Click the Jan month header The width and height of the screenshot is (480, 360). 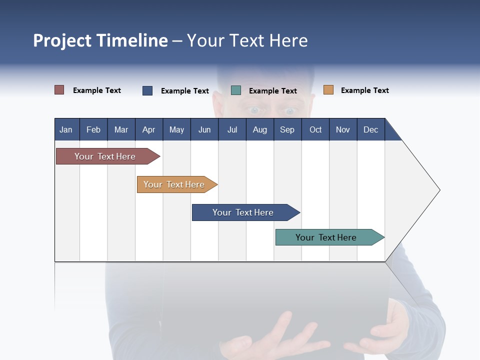66,129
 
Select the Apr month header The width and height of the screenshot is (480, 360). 148,129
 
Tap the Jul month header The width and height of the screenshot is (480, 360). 232,129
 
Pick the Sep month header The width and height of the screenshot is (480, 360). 287,129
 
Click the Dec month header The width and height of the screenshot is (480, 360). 370,129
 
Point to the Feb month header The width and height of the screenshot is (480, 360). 93,129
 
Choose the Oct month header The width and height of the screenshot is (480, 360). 315,129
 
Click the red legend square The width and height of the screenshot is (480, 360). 59,90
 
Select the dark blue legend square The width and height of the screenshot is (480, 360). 147,90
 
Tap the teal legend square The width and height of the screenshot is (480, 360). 236,90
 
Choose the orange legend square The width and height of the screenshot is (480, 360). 328,90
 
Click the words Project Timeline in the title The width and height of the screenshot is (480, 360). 100,40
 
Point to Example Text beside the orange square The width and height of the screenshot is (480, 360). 364,90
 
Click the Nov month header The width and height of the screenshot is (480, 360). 343,129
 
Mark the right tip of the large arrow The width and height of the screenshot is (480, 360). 439,189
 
